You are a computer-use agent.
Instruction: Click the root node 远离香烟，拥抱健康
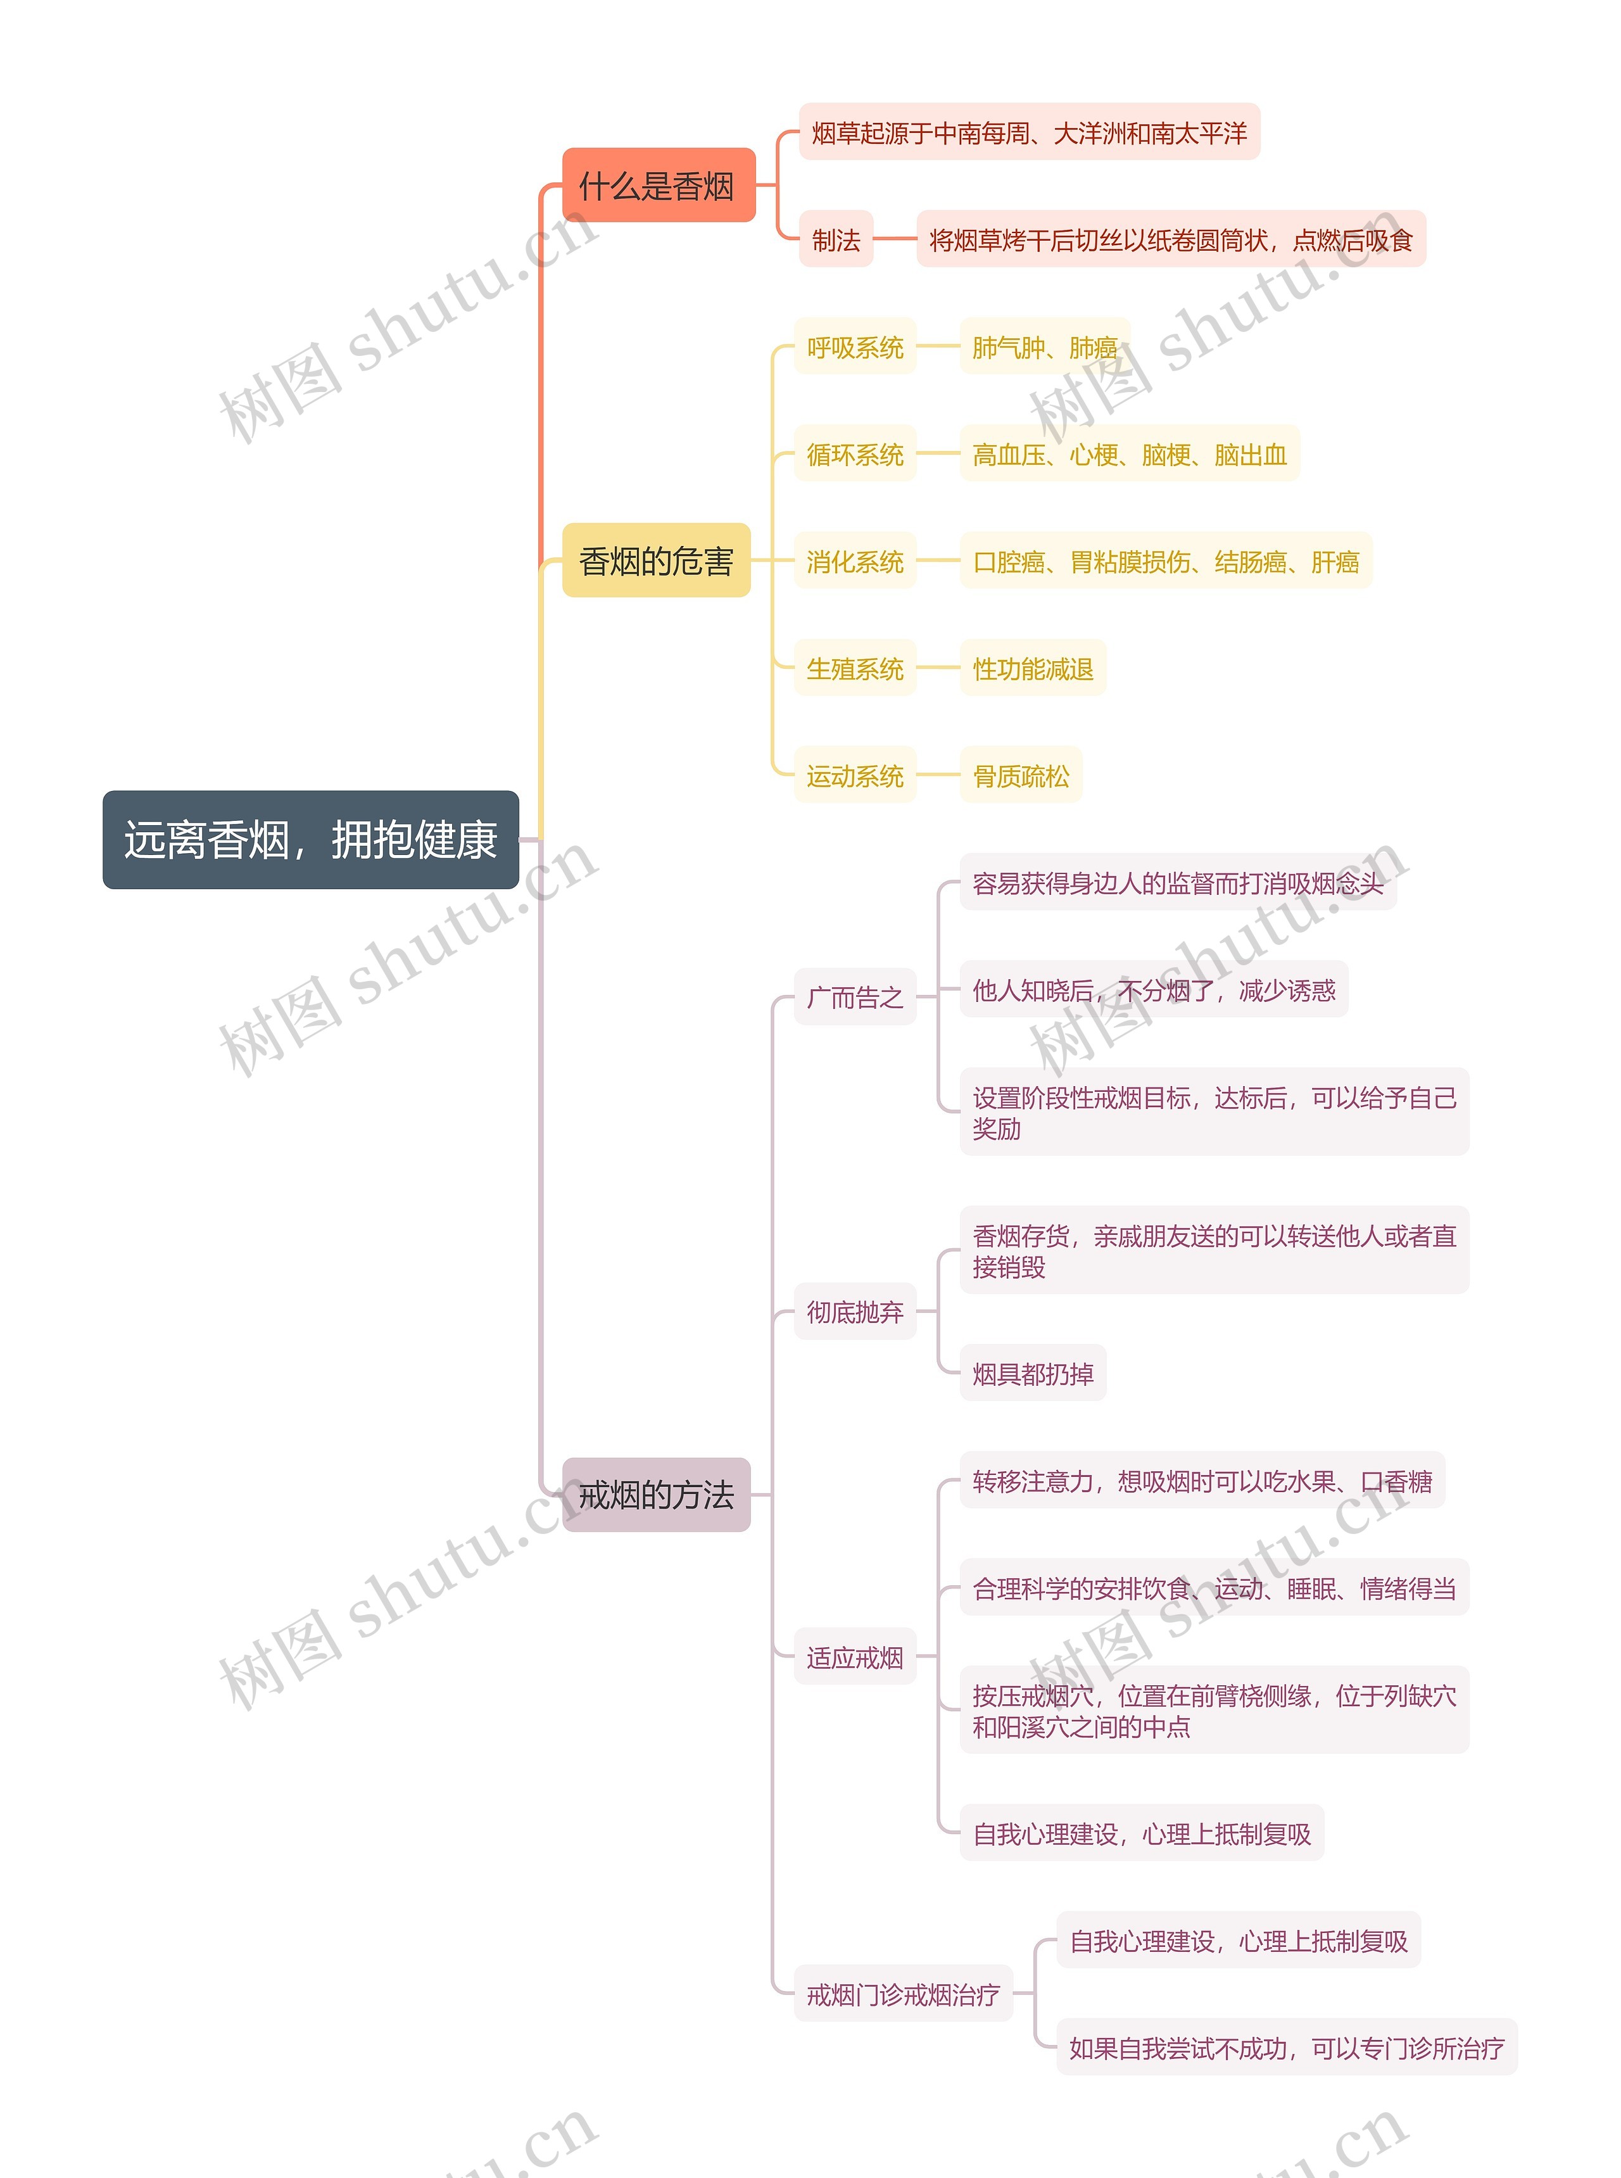(x=310, y=840)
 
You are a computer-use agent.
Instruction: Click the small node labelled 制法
(x=835, y=239)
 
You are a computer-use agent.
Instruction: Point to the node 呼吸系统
(x=855, y=346)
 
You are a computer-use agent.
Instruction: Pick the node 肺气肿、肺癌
(x=1044, y=346)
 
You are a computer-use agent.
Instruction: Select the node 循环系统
(x=855, y=453)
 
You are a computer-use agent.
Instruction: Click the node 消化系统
(x=855, y=561)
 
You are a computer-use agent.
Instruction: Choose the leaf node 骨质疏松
(x=1021, y=775)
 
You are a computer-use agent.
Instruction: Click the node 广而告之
(x=855, y=997)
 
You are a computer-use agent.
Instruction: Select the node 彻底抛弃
(x=855, y=1312)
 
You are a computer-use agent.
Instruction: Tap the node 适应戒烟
(x=855, y=1658)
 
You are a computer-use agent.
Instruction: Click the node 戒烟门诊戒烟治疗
(x=903, y=1994)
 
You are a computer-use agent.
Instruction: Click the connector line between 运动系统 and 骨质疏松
(x=937, y=775)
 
